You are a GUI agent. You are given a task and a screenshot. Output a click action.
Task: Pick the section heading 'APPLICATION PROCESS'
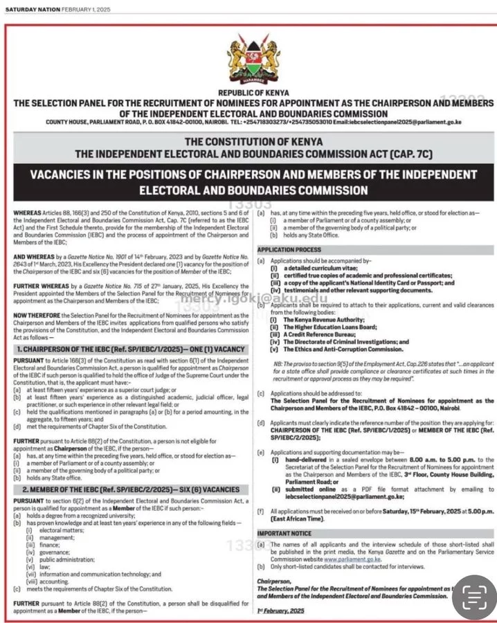[x=289, y=249]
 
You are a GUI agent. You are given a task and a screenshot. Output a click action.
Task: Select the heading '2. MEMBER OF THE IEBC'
[x=128, y=489]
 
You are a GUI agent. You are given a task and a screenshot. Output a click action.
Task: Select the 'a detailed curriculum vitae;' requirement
[x=312, y=267]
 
